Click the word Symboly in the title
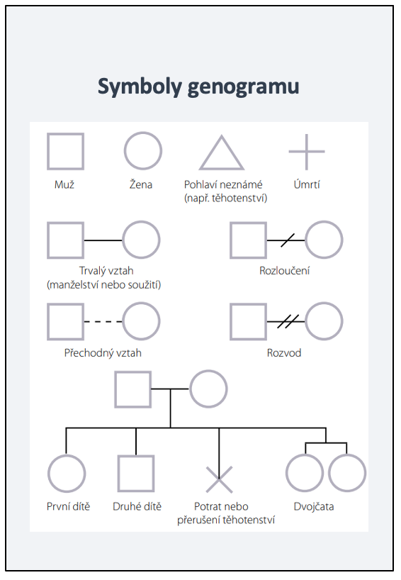tap(140, 87)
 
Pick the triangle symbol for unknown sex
tap(211, 152)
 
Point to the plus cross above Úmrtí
tap(307, 152)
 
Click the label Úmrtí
tap(307, 184)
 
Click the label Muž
tap(64, 184)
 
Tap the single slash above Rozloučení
tap(288, 240)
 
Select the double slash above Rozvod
tap(288, 321)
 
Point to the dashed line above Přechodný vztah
tap(103, 322)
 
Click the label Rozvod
tap(284, 353)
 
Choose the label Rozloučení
tap(284, 271)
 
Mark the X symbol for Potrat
tap(219, 480)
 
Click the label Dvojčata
tap(314, 506)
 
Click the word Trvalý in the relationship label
tap(93, 271)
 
